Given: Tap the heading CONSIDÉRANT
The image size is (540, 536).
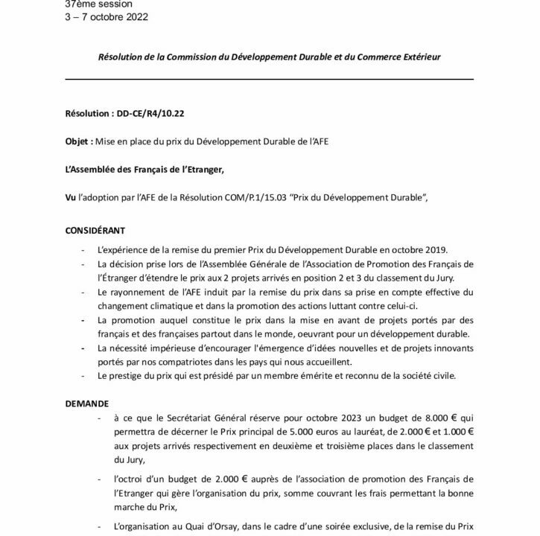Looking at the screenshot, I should pyautogui.click(x=95, y=230).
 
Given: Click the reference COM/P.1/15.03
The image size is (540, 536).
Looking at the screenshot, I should pyautogui.click(x=276, y=197).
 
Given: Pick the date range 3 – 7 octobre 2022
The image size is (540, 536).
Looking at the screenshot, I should pyautogui.click(x=106, y=17).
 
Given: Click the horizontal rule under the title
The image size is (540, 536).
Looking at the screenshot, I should pyautogui.click(x=269, y=78).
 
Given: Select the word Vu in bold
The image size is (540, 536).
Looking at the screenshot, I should pyautogui.click(x=71, y=197).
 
